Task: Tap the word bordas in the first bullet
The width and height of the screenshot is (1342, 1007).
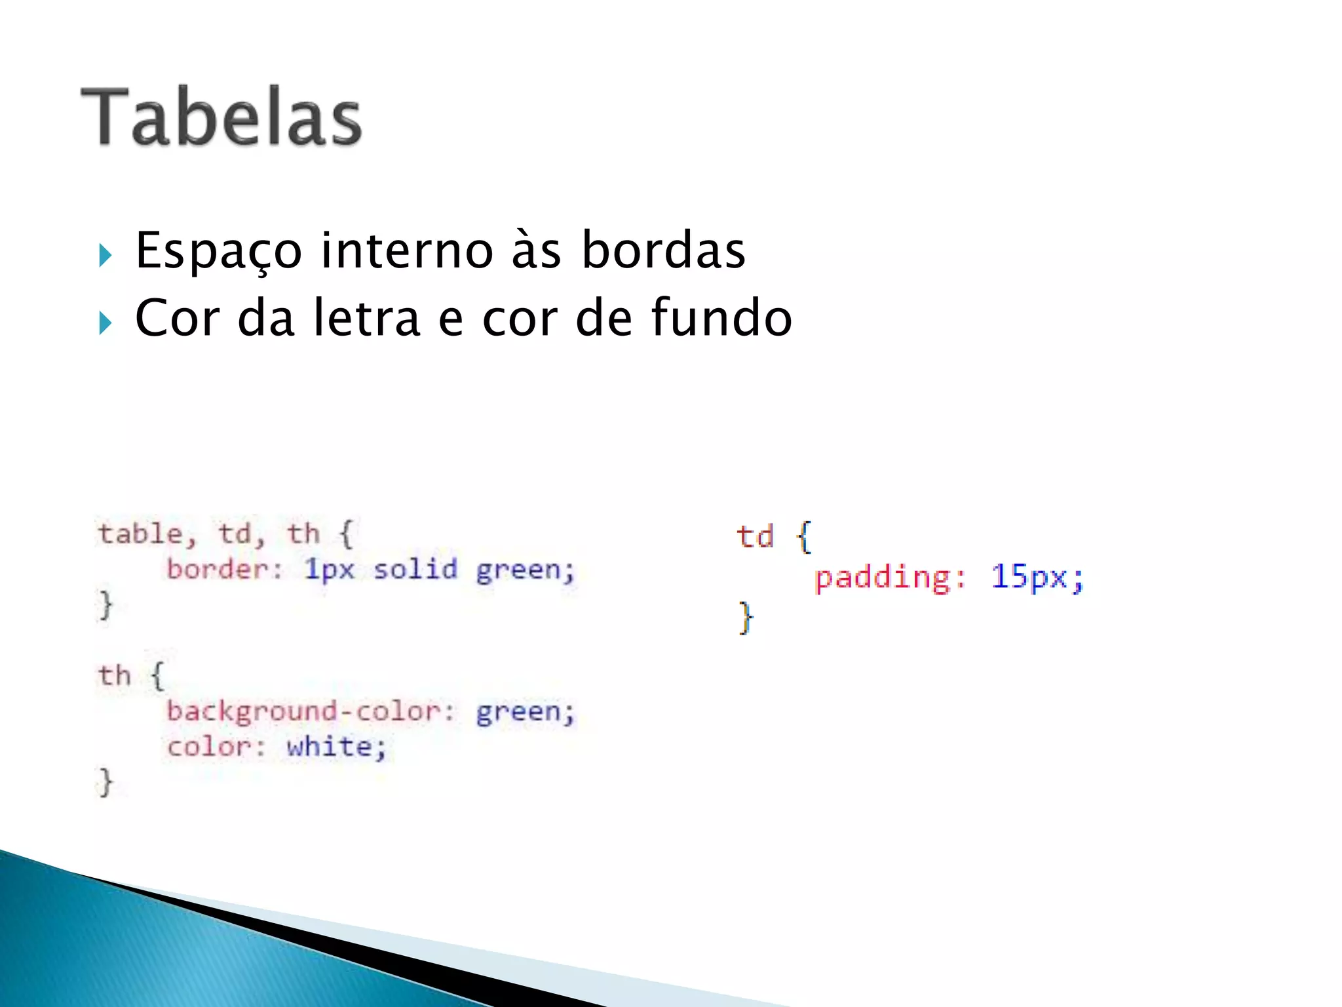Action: (663, 251)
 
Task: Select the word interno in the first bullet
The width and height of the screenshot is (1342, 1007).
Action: (406, 251)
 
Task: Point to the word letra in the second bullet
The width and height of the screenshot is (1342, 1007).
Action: (367, 319)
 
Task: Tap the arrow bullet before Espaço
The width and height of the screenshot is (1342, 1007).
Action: (105, 255)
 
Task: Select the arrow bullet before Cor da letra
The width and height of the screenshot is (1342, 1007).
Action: (105, 323)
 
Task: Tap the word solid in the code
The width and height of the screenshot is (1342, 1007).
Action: (415, 569)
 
